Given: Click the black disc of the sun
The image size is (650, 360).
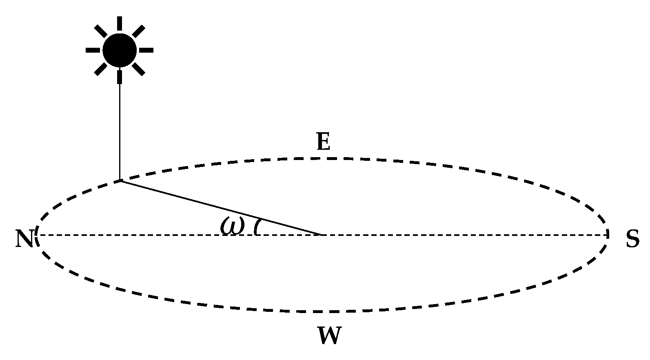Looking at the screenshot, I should pyautogui.click(x=120, y=50).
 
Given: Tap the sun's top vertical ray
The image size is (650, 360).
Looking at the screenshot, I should pyautogui.click(x=120, y=23).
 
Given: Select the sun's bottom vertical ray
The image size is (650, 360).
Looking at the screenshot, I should pyautogui.click(x=120, y=77).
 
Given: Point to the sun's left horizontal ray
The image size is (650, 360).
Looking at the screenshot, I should pyautogui.click(x=93, y=50).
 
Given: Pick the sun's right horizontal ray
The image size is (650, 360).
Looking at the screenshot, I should pyautogui.click(x=146, y=50).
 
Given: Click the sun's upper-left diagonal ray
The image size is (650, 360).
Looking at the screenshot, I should pyautogui.click(x=100, y=31).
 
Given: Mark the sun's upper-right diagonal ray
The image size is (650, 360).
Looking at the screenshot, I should pyautogui.click(x=139, y=31).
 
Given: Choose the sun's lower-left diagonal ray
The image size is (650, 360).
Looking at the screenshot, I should pyautogui.click(x=100, y=69).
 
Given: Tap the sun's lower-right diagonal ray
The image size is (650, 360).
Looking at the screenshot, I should pyautogui.click(x=139, y=69).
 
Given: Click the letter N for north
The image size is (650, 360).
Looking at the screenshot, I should pyautogui.click(x=24, y=239).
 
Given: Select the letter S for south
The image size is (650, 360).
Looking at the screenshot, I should pyautogui.click(x=632, y=239).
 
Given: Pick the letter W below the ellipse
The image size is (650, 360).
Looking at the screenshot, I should pyautogui.click(x=329, y=336).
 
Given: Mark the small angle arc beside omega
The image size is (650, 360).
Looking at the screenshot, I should pyautogui.click(x=257, y=227).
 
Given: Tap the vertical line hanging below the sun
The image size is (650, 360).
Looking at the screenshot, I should pyautogui.click(x=120, y=131).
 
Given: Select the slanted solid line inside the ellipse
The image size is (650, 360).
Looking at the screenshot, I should pyautogui.click(x=220, y=207).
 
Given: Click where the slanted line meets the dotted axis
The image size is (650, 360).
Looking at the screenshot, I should pyautogui.click(x=322, y=235).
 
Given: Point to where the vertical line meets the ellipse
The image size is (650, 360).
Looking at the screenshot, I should pyautogui.click(x=120, y=180).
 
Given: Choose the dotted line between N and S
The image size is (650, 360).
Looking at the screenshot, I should pyautogui.click(x=449, y=235).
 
